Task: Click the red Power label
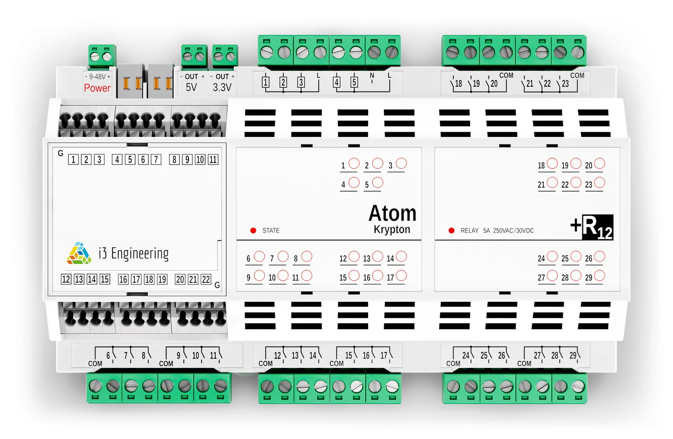pos(97,88)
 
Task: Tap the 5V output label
pos(191,87)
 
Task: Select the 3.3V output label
pos(222,87)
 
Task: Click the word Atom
pos(392,213)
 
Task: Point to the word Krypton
pos(392,230)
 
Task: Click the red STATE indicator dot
pos(253,231)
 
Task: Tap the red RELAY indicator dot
pos(452,231)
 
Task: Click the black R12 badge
pos(597,227)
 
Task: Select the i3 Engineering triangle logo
pos(79,254)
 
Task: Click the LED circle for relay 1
pos(354,163)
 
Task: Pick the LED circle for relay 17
pos(401,276)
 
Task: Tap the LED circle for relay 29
pos(599,276)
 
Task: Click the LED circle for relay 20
pos(599,163)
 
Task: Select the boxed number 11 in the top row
pos(213,160)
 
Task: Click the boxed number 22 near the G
pos(206,279)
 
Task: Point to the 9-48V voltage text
pos(97,77)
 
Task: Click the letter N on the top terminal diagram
pos(372,75)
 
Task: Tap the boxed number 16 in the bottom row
pos(123,279)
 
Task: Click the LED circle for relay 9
pos(259,276)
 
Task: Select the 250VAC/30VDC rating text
pos(513,231)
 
